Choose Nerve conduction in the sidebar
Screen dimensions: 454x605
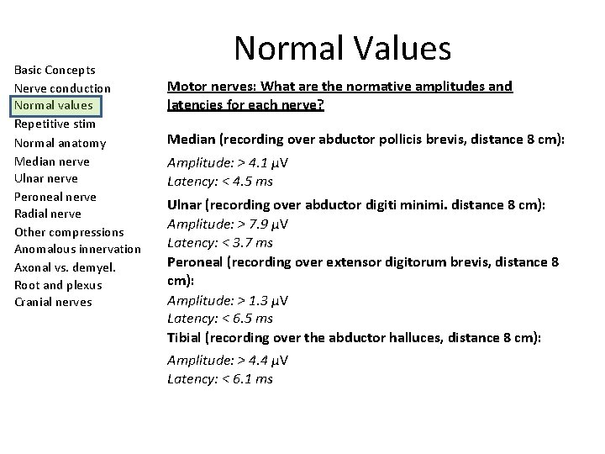tap(62, 88)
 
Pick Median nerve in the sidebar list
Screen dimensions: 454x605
tap(52, 161)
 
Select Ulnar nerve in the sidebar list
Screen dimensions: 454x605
tap(46, 178)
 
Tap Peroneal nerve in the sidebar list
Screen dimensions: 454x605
tap(55, 196)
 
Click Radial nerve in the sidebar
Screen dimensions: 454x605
tap(49, 214)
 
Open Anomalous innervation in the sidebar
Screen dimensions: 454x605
tap(78, 249)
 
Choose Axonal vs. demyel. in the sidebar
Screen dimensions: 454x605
tap(65, 267)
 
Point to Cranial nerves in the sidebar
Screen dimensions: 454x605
tap(53, 303)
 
